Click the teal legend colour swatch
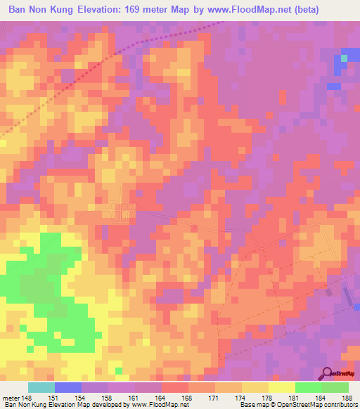point(41,387)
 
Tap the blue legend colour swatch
point(68,387)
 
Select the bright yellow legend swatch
point(282,387)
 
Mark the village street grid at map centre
point(124,211)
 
